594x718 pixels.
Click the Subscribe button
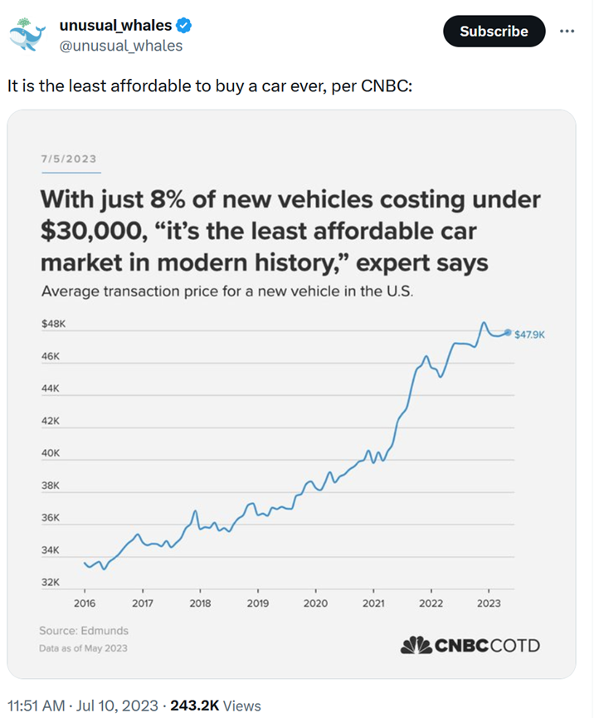(494, 31)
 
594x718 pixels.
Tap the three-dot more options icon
(567, 31)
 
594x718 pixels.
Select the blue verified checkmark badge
(184, 26)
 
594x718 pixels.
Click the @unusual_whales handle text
(120, 46)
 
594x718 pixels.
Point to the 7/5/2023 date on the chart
(69, 159)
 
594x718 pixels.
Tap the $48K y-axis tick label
(53, 324)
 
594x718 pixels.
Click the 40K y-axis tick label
(51, 453)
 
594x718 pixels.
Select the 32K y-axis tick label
(51, 583)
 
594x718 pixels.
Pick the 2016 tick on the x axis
(85, 603)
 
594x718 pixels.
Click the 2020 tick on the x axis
(315, 603)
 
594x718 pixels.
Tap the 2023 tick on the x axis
(489, 603)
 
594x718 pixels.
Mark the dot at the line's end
(508, 332)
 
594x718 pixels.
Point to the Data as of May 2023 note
(83, 648)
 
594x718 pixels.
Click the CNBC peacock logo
(416, 645)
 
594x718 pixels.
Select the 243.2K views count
(194, 706)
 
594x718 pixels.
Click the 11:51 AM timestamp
(37, 706)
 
